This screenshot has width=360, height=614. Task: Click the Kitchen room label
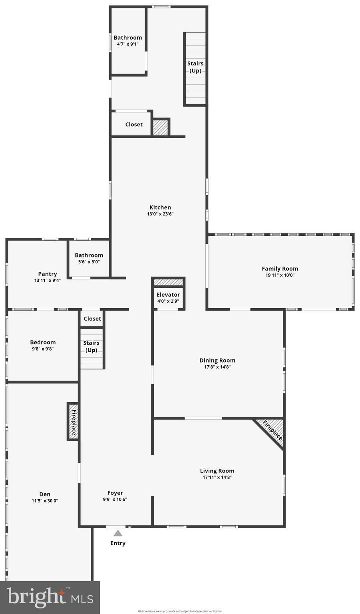coord(160,207)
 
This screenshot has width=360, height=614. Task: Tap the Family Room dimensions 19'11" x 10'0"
coord(280,275)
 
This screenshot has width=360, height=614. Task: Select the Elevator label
coord(168,295)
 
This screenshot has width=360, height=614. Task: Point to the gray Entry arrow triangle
coord(118,533)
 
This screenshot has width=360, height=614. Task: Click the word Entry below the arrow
coord(118,543)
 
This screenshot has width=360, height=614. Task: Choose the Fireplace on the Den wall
coord(73,422)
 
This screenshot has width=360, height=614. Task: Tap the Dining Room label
coord(217,361)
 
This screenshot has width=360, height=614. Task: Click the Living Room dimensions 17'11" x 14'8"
coord(217,477)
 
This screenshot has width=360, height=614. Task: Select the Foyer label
coord(115,493)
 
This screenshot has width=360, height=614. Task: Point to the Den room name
coord(45,494)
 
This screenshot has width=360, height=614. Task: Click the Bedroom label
coord(43,342)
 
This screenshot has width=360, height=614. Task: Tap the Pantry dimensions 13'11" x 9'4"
coord(48,280)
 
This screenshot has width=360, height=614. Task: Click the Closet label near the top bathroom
coord(134,124)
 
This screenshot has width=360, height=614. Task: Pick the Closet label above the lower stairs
coord(92,319)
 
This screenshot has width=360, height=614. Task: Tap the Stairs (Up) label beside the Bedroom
coord(91,347)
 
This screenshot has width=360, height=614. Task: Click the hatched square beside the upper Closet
coord(160,127)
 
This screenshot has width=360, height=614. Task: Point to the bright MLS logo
coord(50,598)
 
